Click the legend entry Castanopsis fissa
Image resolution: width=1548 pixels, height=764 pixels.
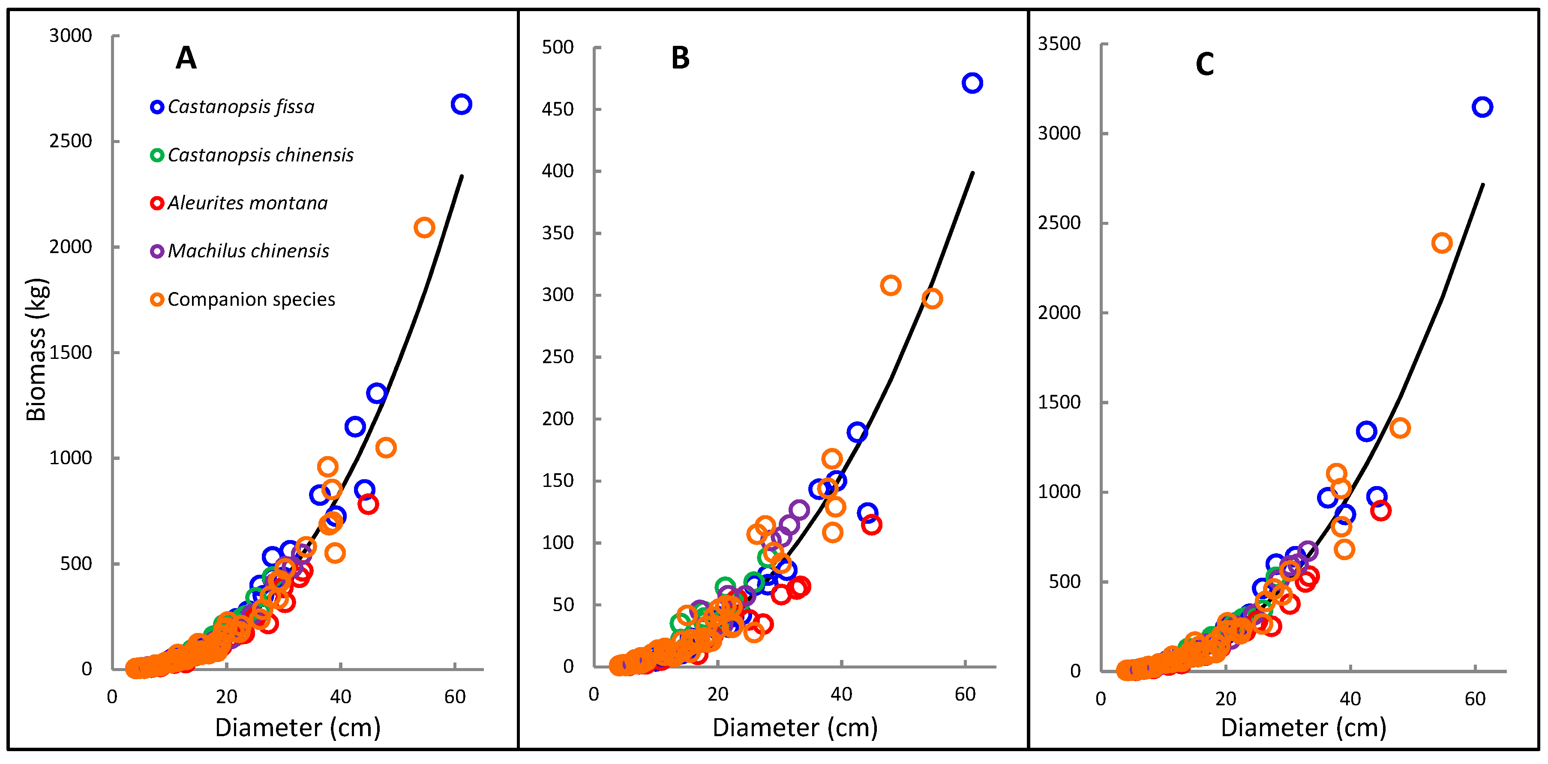240,107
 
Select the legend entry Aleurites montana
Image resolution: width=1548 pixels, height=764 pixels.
247,203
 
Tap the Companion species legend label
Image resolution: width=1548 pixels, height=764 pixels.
251,299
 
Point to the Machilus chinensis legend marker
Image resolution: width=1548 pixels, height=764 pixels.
157,251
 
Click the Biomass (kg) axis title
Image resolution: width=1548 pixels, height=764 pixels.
36,349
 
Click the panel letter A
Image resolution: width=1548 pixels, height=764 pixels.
186,58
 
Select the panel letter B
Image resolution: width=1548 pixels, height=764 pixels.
680,58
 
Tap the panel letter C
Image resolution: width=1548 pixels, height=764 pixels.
1204,64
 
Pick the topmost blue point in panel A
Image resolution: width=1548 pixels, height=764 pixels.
461,104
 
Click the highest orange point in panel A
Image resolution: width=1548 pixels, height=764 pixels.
424,228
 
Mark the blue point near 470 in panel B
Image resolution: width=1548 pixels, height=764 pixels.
972,83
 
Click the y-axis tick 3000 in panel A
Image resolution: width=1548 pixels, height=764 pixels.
70,36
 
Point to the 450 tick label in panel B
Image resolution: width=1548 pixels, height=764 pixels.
557,109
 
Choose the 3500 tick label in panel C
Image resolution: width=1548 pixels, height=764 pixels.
1059,44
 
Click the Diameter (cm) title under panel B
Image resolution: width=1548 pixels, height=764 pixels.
795,727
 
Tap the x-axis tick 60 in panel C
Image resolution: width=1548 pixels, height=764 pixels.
1475,698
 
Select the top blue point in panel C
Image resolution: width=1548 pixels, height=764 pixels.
1482,107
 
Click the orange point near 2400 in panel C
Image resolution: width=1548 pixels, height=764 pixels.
1442,243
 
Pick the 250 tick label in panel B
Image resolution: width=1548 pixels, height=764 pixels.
557,357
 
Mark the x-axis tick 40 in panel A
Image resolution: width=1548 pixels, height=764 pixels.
340,697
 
